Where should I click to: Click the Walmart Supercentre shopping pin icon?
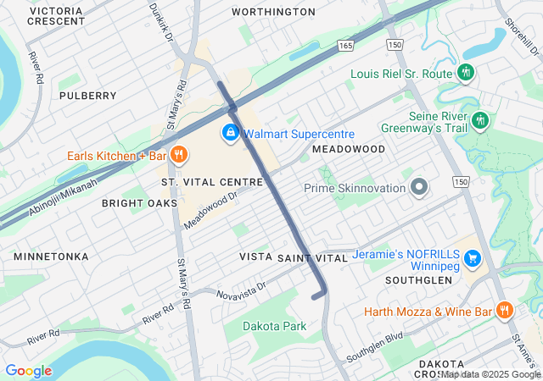pyautogui.click(x=230, y=133)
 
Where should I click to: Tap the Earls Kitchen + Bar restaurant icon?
pyautogui.click(x=178, y=155)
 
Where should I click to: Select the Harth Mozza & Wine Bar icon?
pyautogui.click(x=505, y=311)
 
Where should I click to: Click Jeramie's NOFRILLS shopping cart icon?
pyautogui.click(x=473, y=257)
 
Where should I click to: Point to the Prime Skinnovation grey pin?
pyautogui.click(x=417, y=186)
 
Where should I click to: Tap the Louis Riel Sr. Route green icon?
pyautogui.click(x=465, y=74)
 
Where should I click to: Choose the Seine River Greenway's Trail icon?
pyautogui.click(x=480, y=120)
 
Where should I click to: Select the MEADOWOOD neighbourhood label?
pyautogui.click(x=348, y=148)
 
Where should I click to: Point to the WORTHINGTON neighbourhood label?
pyautogui.click(x=273, y=12)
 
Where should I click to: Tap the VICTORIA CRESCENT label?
pyautogui.click(x=56, y=16)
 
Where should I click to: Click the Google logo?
pyautogui.click(x=28, y=371)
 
